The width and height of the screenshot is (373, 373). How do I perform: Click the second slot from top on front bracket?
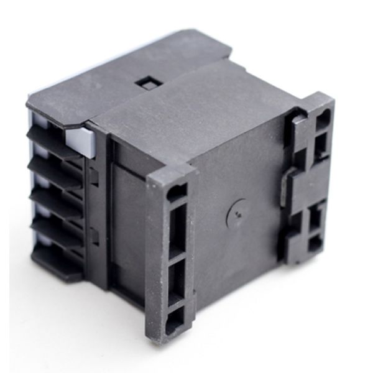coord(177,231)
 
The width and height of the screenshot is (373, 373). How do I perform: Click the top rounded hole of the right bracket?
coord(323,119)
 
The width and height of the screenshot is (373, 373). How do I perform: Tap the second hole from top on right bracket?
coord(322,148)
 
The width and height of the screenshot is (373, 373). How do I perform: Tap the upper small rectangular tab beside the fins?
coord(94,177)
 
